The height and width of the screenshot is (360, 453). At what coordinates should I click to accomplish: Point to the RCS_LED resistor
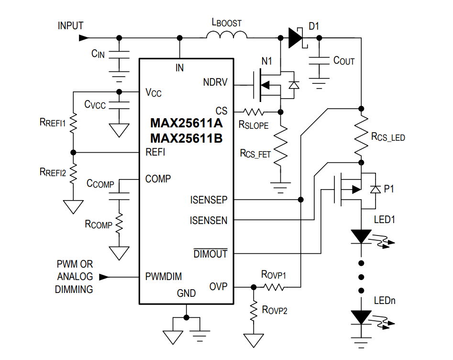point(361,135)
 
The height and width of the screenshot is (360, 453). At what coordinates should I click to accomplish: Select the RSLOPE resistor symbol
point(254,112)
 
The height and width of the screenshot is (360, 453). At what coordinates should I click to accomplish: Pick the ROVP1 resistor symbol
point(273,287)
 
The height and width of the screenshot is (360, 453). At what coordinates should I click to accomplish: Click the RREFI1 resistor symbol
point(73,124)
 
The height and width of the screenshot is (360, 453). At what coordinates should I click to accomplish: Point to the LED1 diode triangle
point(361,236)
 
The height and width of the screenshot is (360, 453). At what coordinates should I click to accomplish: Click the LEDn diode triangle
point(361,317)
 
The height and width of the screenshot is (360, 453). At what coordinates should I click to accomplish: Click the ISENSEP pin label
point(209,200)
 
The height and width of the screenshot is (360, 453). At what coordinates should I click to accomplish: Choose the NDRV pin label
point(215,82)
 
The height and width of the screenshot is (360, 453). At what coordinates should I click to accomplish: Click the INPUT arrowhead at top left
point(84,37)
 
